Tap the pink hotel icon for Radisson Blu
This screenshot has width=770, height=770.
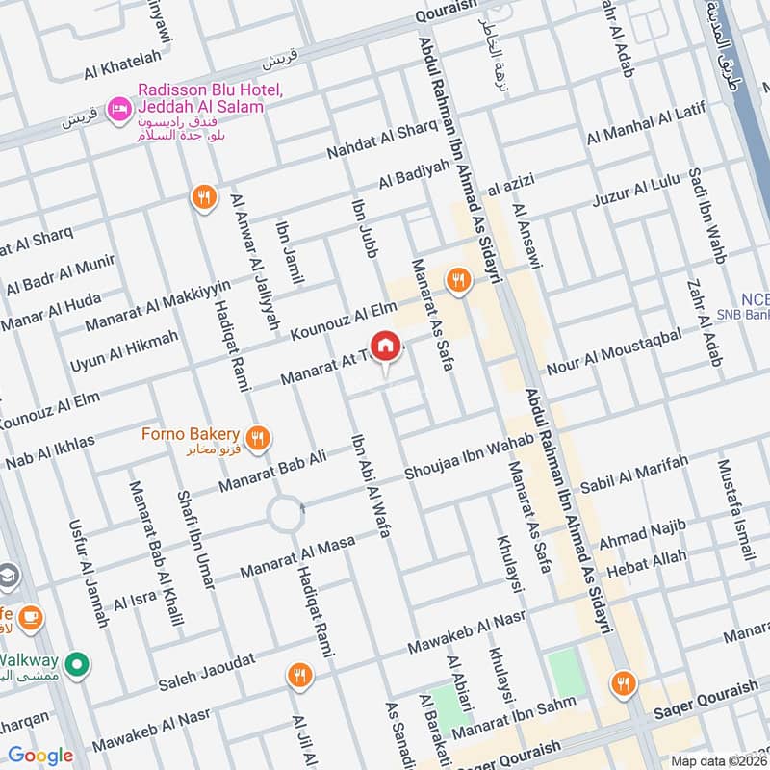[119, 107]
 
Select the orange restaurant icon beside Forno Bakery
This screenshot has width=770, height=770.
[256, 439]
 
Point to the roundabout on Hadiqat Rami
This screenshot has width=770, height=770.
[286, 514]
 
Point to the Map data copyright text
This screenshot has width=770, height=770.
[718, 760]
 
